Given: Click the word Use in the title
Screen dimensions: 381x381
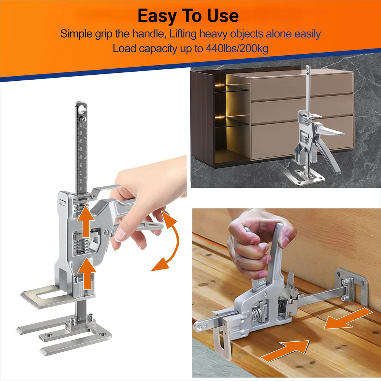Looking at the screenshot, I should point(223,16).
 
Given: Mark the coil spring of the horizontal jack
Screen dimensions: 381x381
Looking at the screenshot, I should point(256,314).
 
